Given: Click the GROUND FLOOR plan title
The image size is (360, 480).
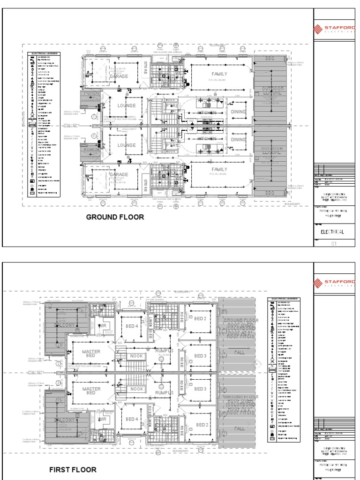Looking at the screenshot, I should (x=115, y=217).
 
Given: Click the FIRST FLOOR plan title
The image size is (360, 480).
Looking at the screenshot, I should (x=73, y=469).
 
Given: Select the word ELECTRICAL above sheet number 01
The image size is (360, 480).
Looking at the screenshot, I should (x=332, y=232).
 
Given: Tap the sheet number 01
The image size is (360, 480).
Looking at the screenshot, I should (x=334, y=243).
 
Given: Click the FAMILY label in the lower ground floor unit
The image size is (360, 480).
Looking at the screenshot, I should (x=219, y=169).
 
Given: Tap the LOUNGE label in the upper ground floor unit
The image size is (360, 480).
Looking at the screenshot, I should (x=127, y=106).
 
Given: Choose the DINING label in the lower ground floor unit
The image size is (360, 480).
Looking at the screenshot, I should (x=239, y=140).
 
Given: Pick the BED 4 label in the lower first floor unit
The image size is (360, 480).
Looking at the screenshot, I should (x=132, y=419).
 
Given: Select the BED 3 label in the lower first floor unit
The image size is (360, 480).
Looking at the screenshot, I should (x=200, y=389).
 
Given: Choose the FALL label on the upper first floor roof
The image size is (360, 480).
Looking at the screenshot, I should (x=240, y=352).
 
